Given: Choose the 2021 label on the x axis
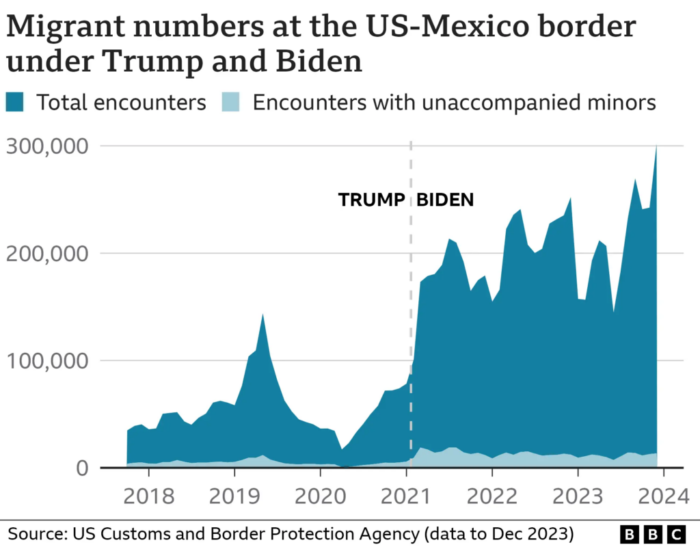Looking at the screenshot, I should coord(407,496).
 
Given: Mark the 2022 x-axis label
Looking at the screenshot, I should coord(492,496).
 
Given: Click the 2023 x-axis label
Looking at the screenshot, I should coord(578,496).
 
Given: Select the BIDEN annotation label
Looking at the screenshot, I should coord(446,200).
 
